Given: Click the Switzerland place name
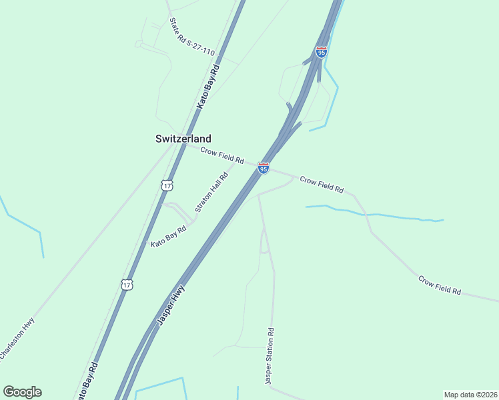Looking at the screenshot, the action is point(183,139).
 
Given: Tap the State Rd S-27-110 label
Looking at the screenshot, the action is point(191,39).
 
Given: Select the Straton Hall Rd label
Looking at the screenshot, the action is point(211,192).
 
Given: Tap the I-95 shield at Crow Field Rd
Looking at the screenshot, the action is point(264,168).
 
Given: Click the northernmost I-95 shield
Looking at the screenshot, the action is point(322,51).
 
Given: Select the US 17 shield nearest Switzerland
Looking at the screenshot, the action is point(167,185).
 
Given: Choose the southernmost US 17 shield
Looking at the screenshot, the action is point(127,285).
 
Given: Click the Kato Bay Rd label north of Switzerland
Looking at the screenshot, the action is point(207,87).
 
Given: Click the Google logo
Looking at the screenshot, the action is point(22,392).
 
